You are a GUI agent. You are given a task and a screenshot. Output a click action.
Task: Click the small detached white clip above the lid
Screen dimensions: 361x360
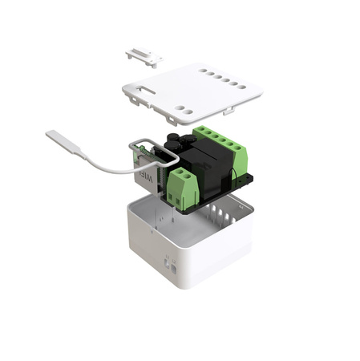click(x=144, y=55)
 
